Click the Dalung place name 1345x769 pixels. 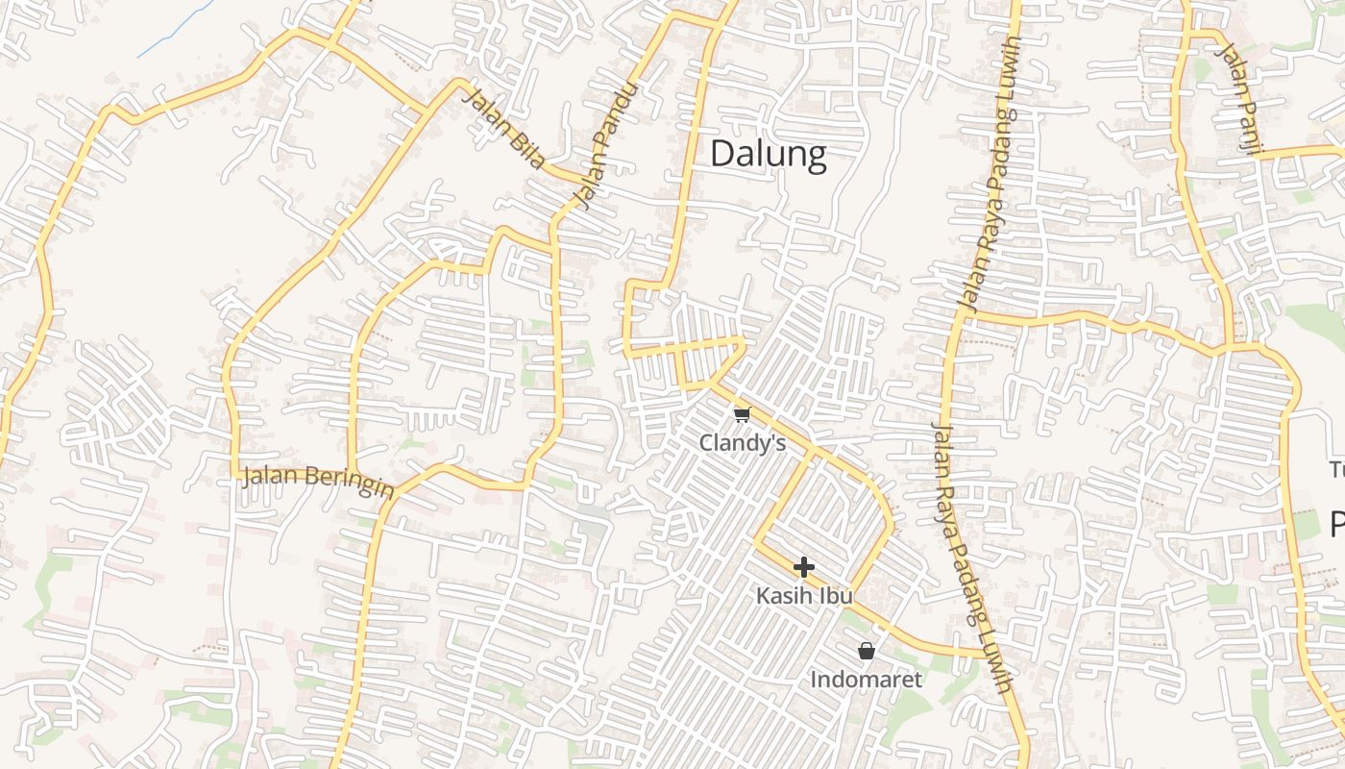[x=768, y=155]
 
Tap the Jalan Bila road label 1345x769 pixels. [x=502, y=129]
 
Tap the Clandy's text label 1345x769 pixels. [x=742, y=443]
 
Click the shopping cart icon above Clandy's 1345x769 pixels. [x=741, y=415]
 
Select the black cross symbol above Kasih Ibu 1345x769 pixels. [x=804, y=567]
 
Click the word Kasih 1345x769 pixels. [x=785, y=596]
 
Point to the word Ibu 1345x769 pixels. [x=835, y=596]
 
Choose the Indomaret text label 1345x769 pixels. [x=866, y=680]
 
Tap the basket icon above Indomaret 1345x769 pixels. [x=866, y=651]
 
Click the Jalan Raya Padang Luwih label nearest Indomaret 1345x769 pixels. [x=972, y=558]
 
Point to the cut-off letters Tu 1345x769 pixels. [x=1336, y=470]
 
